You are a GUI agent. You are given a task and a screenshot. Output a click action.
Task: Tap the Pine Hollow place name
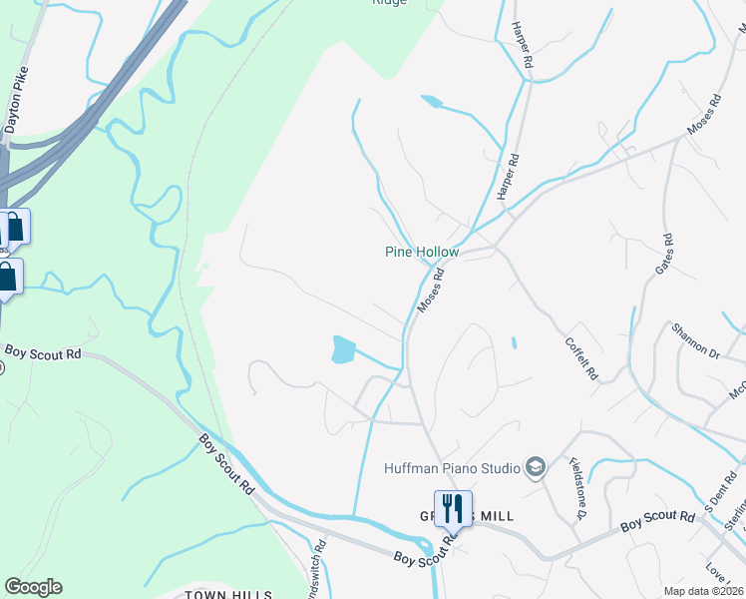(422, 252)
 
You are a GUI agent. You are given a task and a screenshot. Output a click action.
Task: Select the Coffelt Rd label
(580, 356)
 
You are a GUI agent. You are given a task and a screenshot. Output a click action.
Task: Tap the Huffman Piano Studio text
(453, 467)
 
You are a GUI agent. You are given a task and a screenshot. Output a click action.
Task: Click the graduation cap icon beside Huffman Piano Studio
(536, 467)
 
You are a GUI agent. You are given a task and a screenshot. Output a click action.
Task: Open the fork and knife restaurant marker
(453, 508)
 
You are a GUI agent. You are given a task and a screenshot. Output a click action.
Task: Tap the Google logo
(33, 587)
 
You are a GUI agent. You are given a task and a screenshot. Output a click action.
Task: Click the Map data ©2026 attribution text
(703, 591)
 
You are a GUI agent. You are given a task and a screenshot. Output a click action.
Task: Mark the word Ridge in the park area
(389, 3)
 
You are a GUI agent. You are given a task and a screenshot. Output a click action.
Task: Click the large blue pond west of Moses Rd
(342, 349)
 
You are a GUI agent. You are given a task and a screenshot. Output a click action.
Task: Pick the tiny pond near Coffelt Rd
(514, 343)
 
